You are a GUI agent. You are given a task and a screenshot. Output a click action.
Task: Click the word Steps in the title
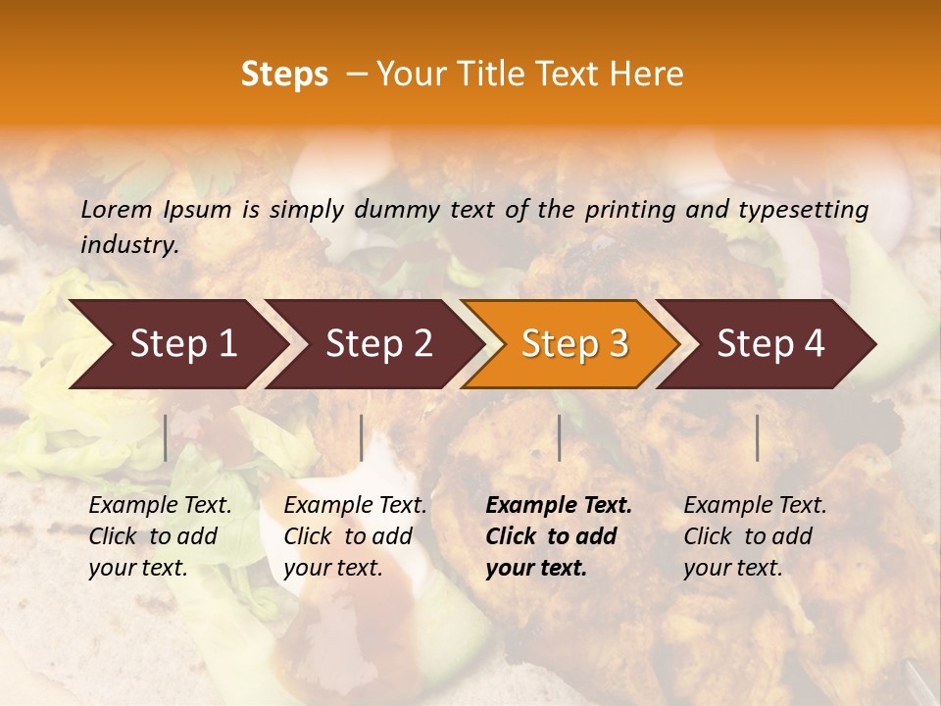click(x=284, y=75)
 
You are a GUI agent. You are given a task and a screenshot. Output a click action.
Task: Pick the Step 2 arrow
click(x=378, y=344)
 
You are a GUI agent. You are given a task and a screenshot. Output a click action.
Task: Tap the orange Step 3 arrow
click(x=574, y=344)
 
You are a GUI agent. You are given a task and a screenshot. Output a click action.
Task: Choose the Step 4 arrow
click(x=770, y=344)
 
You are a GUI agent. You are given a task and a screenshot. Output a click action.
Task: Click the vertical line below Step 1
click(x=166, y=437)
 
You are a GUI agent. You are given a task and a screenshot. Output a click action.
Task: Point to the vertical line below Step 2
click(x=362, y=437)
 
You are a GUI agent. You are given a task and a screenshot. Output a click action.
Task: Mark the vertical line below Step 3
click(x=559, y=437)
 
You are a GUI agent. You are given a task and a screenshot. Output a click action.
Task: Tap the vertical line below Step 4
click(x=757, y=437)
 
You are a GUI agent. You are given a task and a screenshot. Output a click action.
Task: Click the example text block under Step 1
click(x=160, y=536)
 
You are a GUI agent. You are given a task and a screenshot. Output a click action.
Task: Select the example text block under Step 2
click(x=355, y=536)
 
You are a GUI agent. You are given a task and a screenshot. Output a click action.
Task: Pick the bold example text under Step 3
click(x=559, y=536)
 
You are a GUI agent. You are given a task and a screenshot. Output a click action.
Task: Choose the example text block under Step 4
click(x=755, y=536)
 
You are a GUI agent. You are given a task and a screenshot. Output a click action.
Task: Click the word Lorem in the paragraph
click(x=116, y=210)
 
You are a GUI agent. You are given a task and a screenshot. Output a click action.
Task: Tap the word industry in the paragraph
click(x=129, y=245)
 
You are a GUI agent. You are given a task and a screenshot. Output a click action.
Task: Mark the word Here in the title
click(x=651, y=75)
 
